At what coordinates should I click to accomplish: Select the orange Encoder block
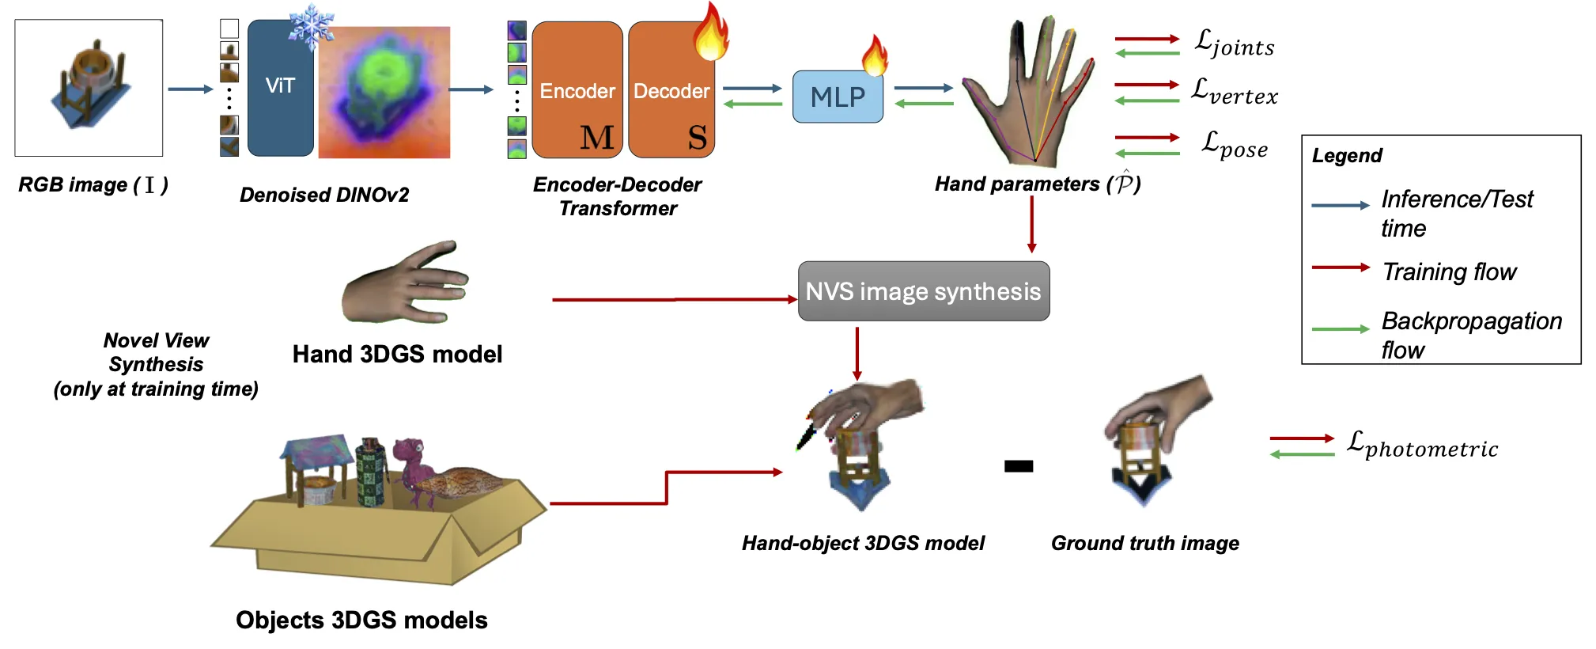click(x=577, y=90)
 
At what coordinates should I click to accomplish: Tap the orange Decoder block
click(x=671, y=90)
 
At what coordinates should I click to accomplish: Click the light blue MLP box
click(x=838, y=97)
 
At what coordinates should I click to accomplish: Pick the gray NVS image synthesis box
click(x=923, y=291)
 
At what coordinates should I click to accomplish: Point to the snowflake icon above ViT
click(x=311, y=28)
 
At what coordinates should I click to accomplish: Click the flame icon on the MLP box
click(x=875, y=55)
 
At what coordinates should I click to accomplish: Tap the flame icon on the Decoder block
click(x=710, y=33)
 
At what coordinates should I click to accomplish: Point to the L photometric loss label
click(x=1421, y=445)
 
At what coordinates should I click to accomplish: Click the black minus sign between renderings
click(x=1019, y=466)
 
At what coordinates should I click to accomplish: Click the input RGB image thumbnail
click(x=89, y=88)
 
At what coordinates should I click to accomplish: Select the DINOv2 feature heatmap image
click(x=384, y=92)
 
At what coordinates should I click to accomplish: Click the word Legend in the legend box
click(x=1347, y=156)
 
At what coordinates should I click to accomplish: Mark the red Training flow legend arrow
click(x=1340, y=268)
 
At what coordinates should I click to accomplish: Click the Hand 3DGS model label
click(x=397, y=354)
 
